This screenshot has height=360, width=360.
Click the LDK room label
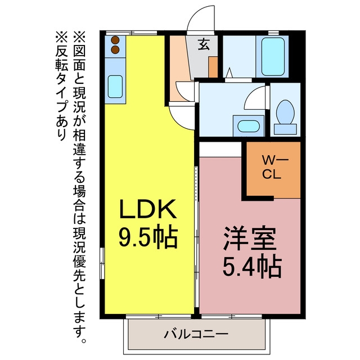click(x=148, y=209)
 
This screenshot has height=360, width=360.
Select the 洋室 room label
click(x=250, y=238)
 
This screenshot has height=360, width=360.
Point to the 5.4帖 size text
click(x=253, y=267)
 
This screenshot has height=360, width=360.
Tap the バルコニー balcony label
click(x=196, y=334)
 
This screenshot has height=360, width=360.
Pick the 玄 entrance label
click(x=204, y=44)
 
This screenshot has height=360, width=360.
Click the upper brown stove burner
click(x=115, y=40)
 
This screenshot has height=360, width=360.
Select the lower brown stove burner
click(x=115, y=49)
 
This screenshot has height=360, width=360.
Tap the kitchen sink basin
click(x=115, y=86)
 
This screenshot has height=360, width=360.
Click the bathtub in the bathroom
click(x=273, y=56)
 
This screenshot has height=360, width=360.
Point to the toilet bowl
click(x=285, y=112)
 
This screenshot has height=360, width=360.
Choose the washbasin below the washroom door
click(x=249, y=127)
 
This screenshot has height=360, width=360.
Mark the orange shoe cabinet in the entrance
click(x=213, y=67)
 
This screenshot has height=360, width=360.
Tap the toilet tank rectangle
click(x=285, y=129)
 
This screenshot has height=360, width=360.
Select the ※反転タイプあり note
click(x=61, y=86)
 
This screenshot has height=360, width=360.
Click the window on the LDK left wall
click(x=102, y=263)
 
